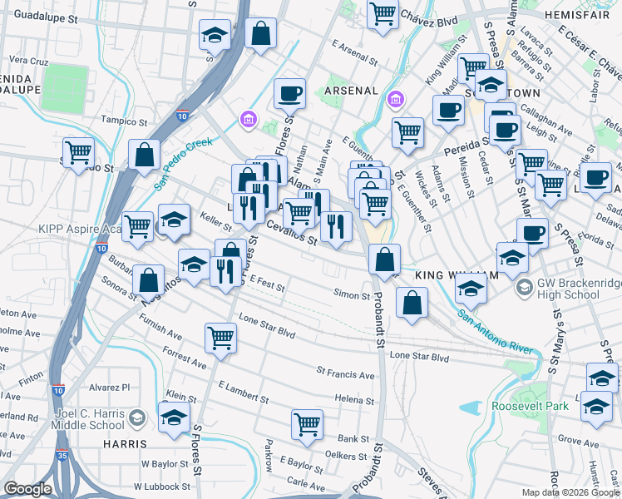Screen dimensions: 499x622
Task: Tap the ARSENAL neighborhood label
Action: coord(352,90)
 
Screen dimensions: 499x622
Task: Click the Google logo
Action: coord(28,489)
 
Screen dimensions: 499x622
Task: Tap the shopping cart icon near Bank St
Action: coord(307,423)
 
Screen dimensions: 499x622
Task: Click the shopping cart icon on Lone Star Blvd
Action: coord(221,337)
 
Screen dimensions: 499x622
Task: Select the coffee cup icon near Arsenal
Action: coord(289,92)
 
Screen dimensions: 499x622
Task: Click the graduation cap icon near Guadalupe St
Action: coord(215,35)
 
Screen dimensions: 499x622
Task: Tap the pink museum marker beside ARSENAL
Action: coord(396,101)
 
